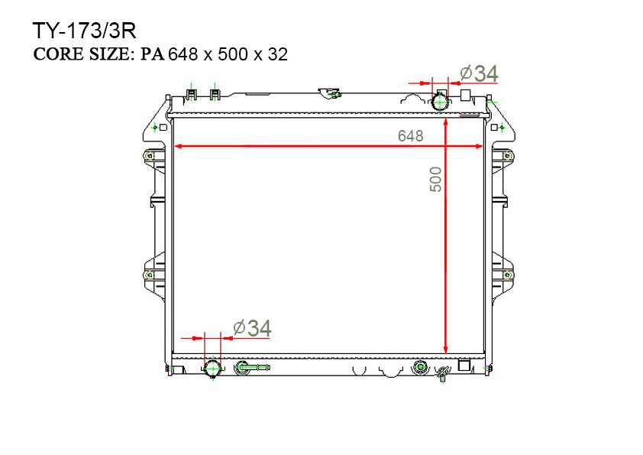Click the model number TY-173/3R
point(84,31)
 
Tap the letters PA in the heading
point(153,54)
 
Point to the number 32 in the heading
point(278,54)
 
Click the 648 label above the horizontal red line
point(411,136)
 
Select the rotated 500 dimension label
point(436,179)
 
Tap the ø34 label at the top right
point(479,73)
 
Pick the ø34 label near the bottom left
point(252,328)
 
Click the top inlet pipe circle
point(441,102)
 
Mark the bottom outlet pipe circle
point(212,368)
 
